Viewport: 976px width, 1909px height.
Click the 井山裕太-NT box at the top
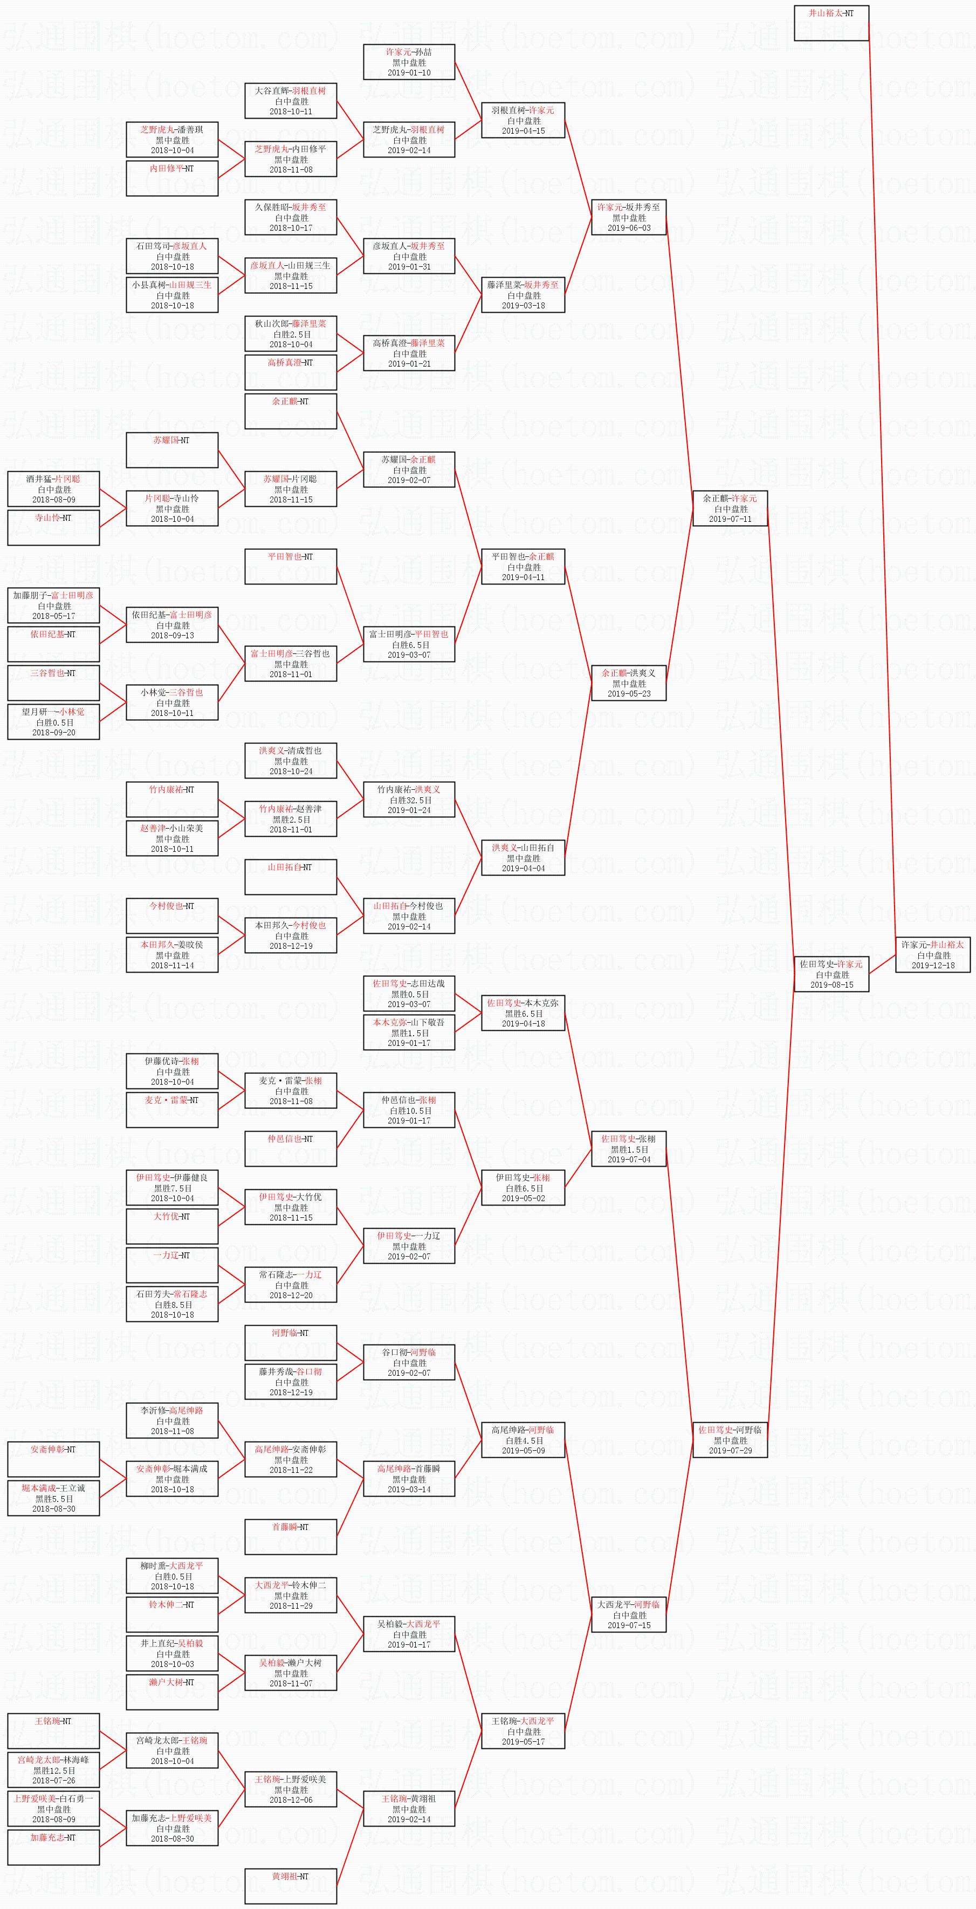(831, 23)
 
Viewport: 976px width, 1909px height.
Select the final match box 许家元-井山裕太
(932, 954)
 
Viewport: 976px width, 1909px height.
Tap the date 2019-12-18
(932, 966)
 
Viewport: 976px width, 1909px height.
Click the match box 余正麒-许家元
(730, 508)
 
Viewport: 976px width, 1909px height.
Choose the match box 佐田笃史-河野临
(730, 1440)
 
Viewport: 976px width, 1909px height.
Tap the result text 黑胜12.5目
(53, 1770)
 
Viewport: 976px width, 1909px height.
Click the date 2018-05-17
(53, 616)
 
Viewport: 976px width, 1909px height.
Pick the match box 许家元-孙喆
(409, 62)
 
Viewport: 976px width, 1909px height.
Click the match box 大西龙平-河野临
(628, 1615)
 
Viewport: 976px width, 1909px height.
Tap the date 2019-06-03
(628, 228)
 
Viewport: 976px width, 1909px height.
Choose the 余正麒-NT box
(291, 411)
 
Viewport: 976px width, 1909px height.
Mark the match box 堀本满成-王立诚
(53, 1498)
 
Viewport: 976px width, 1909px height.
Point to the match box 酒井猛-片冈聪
(53, 489)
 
